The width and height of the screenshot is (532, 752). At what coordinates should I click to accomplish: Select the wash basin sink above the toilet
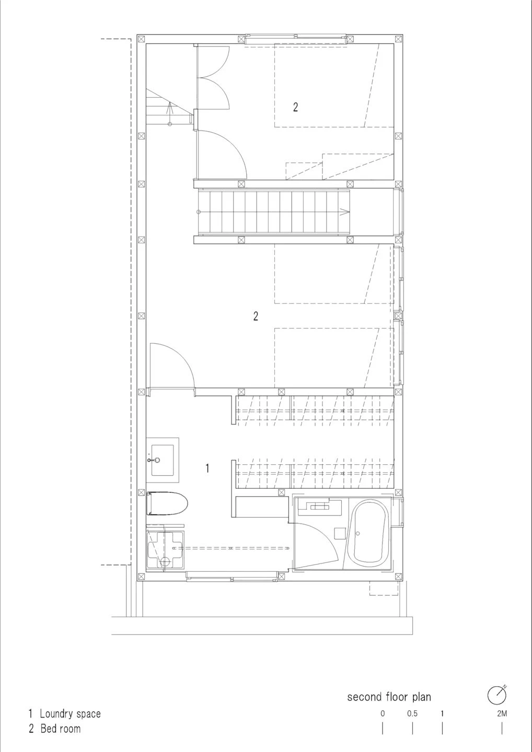[x=163, y=460]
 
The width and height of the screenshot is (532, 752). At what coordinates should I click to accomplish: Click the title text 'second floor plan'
[x=389, y=697]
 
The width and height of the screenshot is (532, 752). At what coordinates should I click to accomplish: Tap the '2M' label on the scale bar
[x=502, y=713]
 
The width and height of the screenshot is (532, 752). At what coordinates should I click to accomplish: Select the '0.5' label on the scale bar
[x=412, y=713]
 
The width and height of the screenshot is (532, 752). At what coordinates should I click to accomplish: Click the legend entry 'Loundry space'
[x=70, y=713]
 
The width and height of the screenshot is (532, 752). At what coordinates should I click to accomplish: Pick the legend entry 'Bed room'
[x=61, y=728]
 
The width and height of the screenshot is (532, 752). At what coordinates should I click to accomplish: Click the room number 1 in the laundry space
[x=207, y=468]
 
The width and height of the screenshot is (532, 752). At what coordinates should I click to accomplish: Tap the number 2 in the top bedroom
[x=295, y=107]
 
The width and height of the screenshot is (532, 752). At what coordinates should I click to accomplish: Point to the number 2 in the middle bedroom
[x=256, y=316]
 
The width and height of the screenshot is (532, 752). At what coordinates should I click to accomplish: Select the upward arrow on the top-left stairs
[x=169, y=109]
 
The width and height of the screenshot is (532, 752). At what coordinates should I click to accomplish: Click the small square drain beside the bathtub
[x=340, y=533]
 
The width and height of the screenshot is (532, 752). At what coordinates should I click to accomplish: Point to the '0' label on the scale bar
[x=383, y=713]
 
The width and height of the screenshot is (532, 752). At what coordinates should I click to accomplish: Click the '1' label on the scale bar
[x=442, y=713]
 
